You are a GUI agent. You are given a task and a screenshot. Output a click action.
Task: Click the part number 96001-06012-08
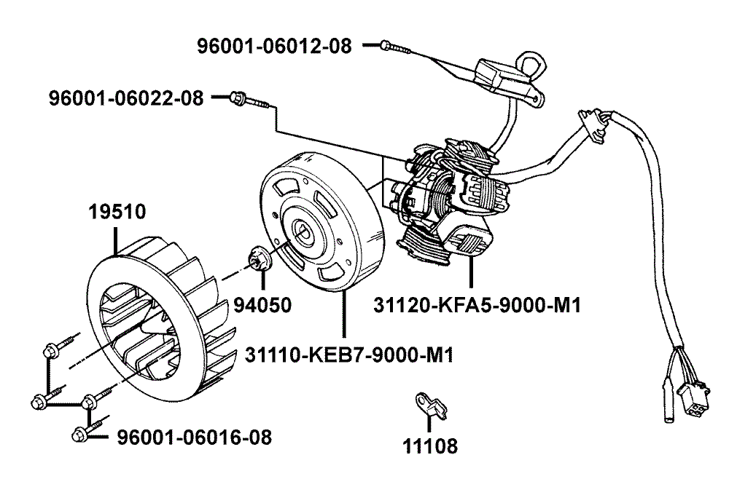pos(274,46)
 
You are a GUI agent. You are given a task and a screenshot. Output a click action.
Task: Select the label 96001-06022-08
pos(126,98)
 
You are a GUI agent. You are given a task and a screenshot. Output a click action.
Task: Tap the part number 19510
pos(117,213)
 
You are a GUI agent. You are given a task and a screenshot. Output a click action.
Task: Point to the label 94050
pos(262,305)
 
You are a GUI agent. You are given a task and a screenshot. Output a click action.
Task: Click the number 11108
pos(430,446)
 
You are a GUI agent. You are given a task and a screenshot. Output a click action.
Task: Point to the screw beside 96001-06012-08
pos(388,46)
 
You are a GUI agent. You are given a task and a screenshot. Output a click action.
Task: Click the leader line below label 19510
pos(117,239)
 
